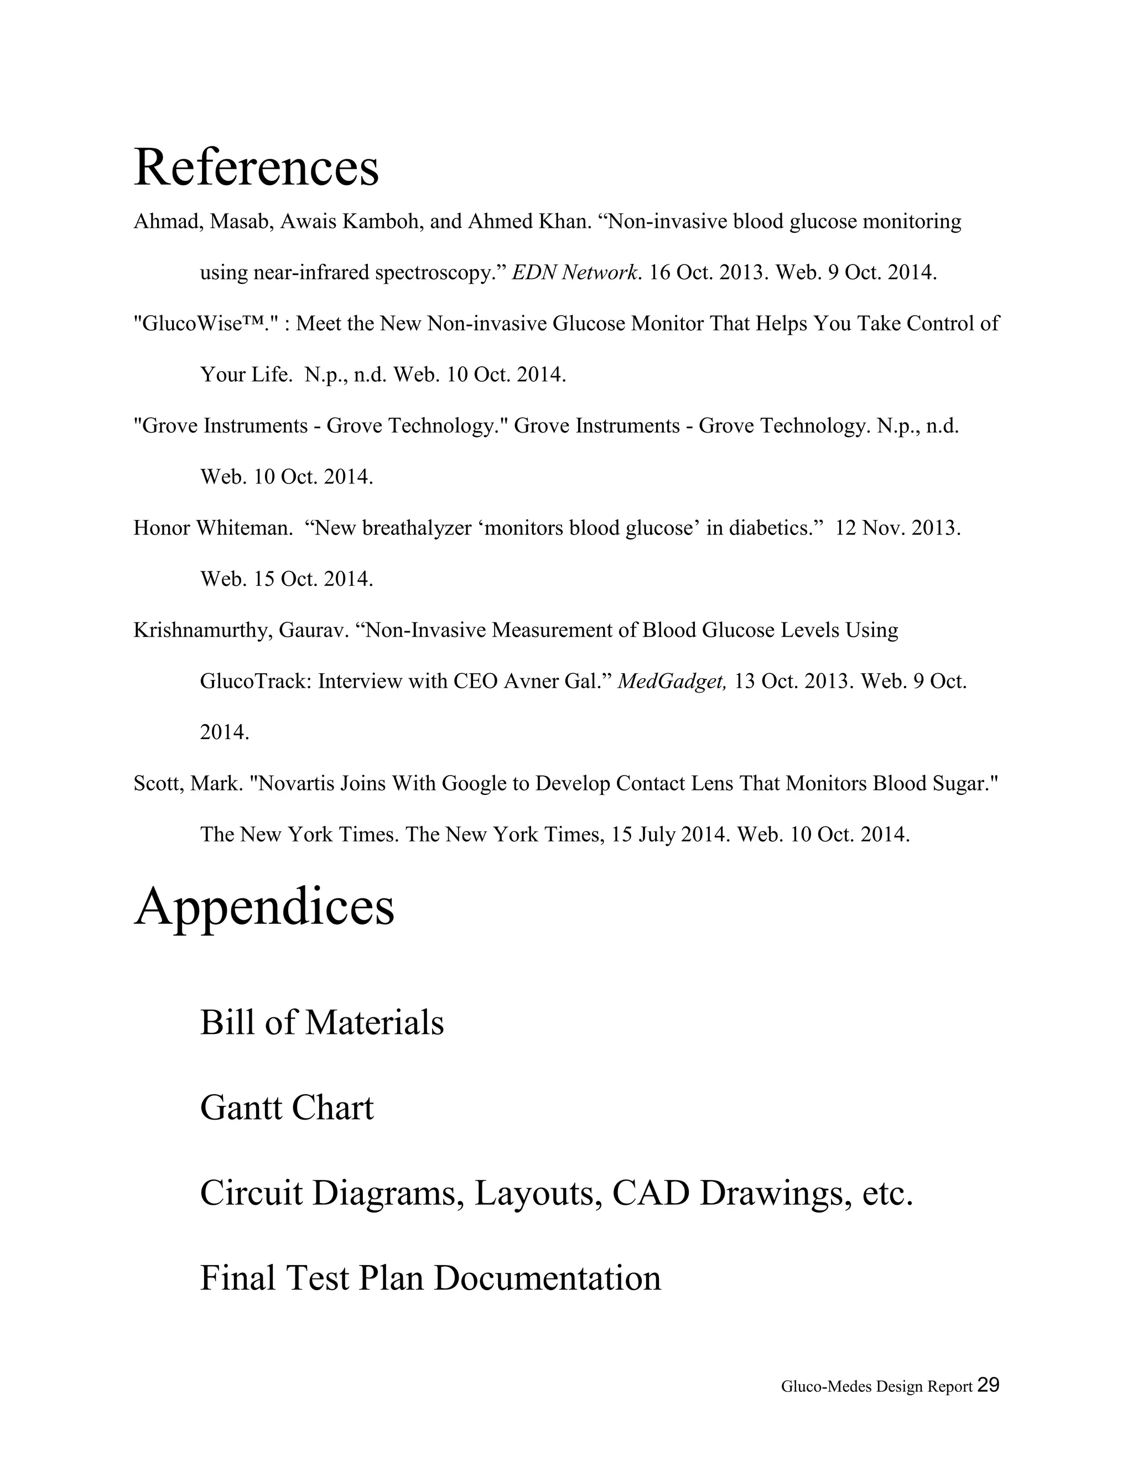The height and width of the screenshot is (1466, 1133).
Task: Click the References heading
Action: pos(256,168)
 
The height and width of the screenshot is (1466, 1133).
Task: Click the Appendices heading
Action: pos(264,907)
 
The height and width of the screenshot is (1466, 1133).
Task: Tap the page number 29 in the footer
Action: pos(988,1385)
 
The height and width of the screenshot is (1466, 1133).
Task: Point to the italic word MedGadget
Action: pos(671,682)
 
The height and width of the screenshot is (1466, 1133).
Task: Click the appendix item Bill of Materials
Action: pos(321,1023)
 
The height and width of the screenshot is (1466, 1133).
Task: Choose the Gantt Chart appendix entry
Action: pos(287,1108)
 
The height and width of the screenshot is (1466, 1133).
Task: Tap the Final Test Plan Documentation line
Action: pos(430,1278)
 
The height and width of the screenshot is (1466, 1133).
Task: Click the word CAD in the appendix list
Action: pos(651,1193)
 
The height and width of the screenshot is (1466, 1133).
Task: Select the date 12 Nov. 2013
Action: pos(897,528)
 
